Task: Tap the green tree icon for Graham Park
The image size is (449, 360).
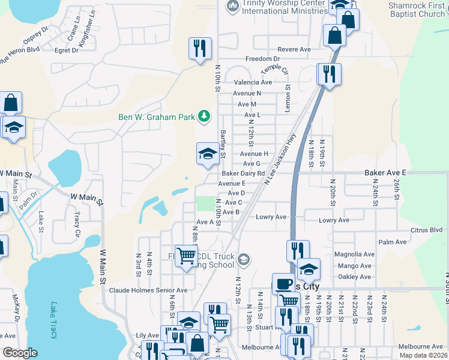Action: point(205,116)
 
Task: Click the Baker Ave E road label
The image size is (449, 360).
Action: point(385,173)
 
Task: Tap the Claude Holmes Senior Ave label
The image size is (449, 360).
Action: point(148,290)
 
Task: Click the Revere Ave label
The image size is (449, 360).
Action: point(294,49)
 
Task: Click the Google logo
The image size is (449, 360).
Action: point(20,353)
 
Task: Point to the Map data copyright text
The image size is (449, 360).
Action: point(424,355)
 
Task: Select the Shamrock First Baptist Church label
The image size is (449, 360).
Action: point(416,9)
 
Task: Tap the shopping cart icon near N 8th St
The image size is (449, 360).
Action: point(186,256)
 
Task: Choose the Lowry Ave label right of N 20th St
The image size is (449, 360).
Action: point(334,221)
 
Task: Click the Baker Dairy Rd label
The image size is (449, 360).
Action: point(244,173)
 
